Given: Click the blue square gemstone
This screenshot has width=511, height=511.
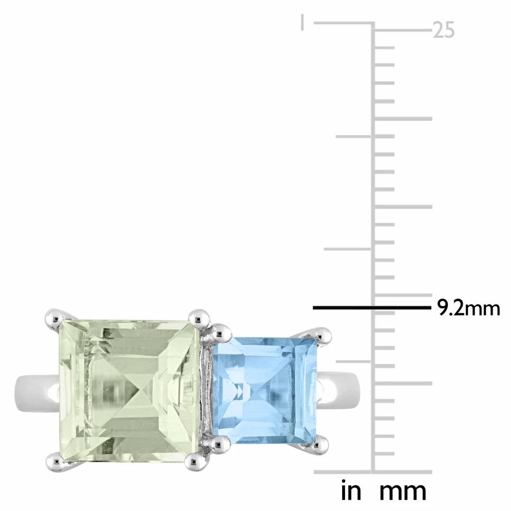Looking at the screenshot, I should pyautogui.click(x=263, y=390).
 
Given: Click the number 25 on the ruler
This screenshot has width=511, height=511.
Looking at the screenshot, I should pyautogui.click(x=444, y=31).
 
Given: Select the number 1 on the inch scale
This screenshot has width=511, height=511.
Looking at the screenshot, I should pyautogui.click(x=302, y=22).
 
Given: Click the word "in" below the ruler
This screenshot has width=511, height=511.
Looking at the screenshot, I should pyautogui.click(x=351, y=491).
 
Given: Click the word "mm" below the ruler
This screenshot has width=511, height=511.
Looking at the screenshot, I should pyautogui.click(x=403, y=491).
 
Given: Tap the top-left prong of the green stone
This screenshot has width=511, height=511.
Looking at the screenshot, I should pyautogui.click(x=54, y=317).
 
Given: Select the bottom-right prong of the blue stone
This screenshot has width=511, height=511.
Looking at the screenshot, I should pyautogui.click(x=320, y=445).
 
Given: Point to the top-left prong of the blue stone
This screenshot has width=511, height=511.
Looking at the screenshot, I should pyautogui.click(x=218, y=333).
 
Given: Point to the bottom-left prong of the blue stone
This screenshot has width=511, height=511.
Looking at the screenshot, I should pyautogui.click(x=220, y=443).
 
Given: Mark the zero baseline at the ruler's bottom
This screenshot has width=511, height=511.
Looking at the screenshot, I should pyautogui.click(x=373, y=472).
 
